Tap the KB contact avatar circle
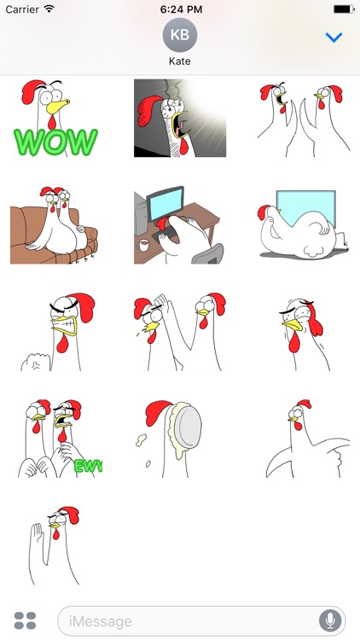(x=179, y=35)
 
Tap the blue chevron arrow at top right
(x=334, y=38)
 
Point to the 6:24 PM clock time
(x=180, y=9)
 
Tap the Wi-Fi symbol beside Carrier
(x=49, y=9)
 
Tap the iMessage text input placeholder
(x=101, y=620)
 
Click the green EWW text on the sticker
(x=88, y=466)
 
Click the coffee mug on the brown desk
(x=143, y=244)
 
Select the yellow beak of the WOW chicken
(x=60, y=106)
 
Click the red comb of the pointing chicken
(x=303, y=405)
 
